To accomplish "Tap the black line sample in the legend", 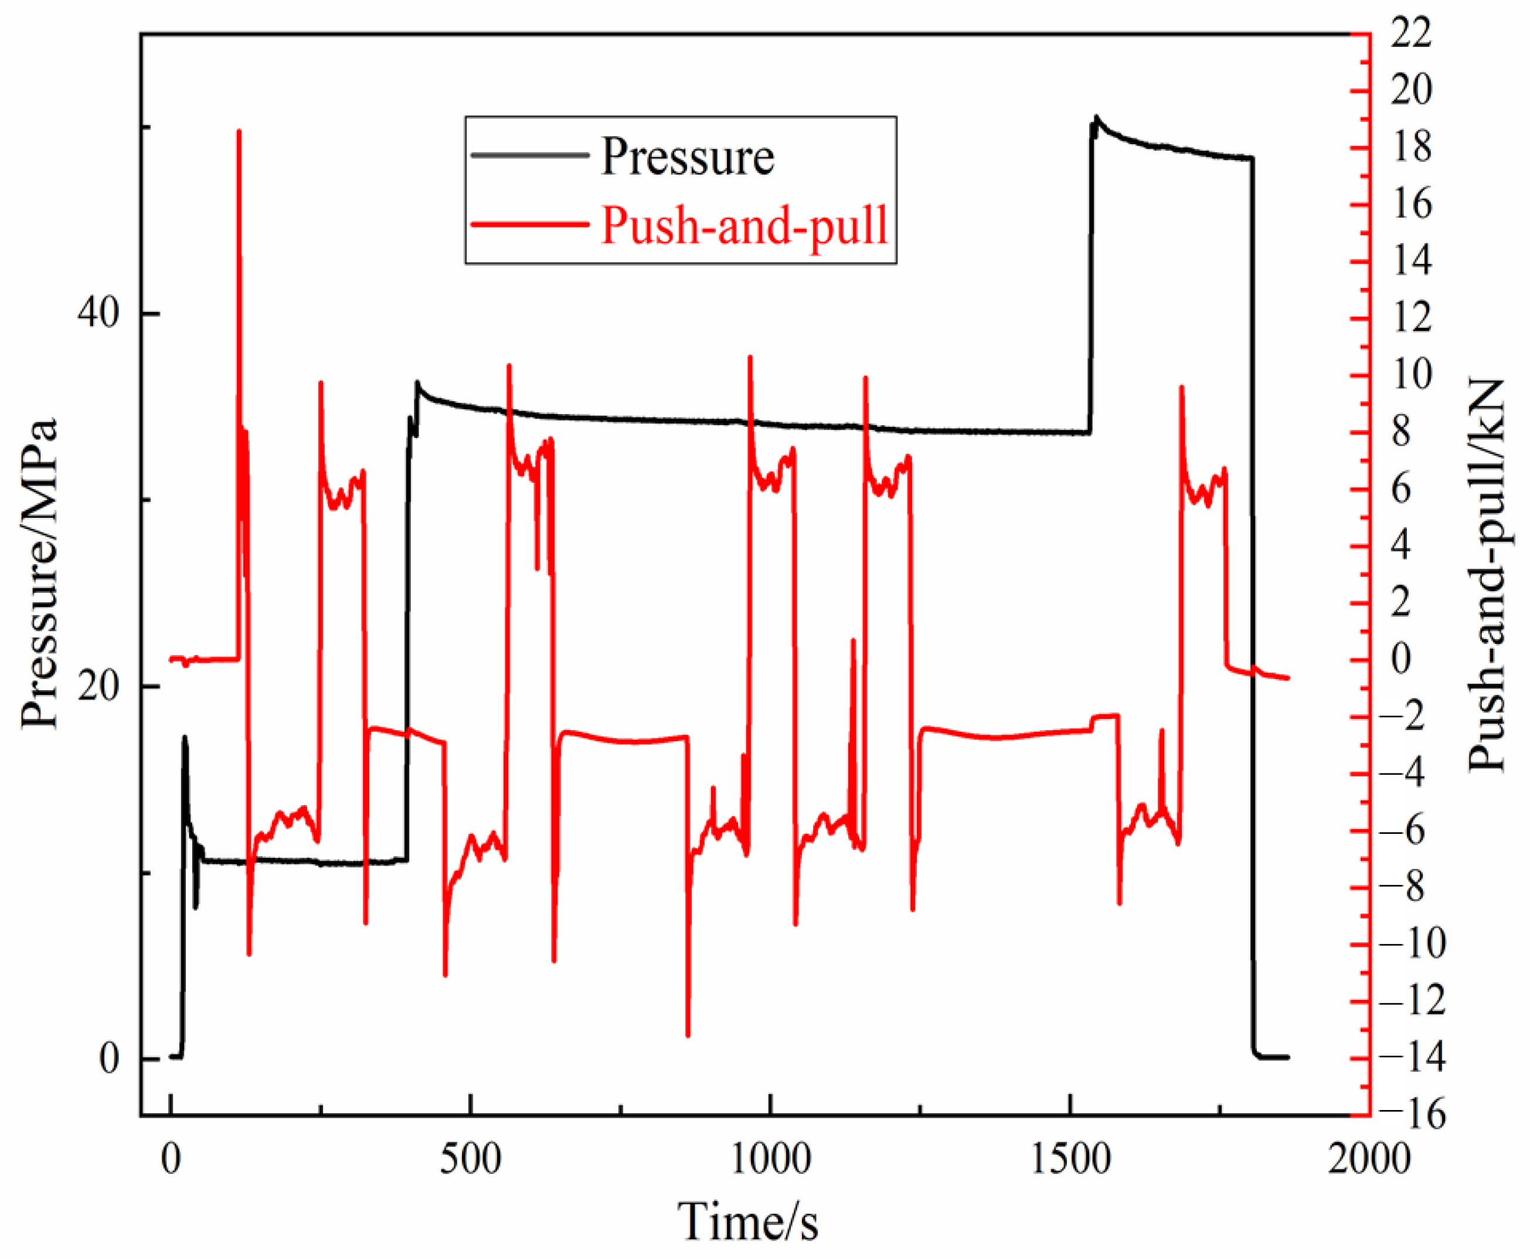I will click(x=529, y=155).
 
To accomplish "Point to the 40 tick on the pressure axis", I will click(x=99, y=314).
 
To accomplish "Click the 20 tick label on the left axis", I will click(x=99, y=686).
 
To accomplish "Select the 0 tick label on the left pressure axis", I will click(x=109, y=1059).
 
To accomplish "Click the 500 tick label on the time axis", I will click(x=471, y=1160).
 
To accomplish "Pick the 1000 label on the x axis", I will click(x=770, y=1160).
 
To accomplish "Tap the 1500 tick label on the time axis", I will click(x=1070, y=1160).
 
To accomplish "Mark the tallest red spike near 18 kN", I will click(x=239, y=131).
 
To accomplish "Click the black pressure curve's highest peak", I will click(x=1096, y=116).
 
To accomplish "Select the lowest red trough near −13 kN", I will click(x=688, y=1035).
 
